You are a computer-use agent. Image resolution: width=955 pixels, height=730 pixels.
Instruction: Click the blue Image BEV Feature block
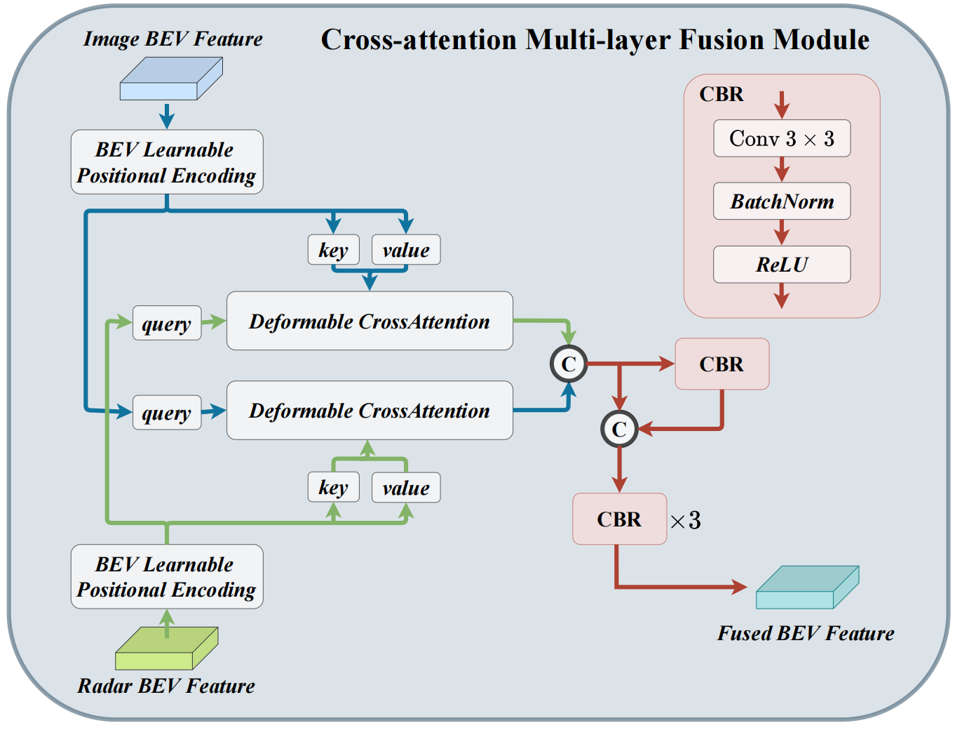coord(170,79)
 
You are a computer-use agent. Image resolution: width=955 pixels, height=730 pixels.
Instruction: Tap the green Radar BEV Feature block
coord(166,649)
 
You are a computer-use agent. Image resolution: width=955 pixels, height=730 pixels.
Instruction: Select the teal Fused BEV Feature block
coord(807,588)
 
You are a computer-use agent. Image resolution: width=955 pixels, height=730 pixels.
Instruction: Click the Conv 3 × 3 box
coord(781,138)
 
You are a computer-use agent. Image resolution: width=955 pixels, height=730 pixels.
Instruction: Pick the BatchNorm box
coord(781,201)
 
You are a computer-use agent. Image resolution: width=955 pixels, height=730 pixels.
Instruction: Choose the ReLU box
coord(781,265)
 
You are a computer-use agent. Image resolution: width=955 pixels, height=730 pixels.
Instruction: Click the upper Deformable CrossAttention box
coord(370,321)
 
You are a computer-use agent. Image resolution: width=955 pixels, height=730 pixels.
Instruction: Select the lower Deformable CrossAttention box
coord(370,411)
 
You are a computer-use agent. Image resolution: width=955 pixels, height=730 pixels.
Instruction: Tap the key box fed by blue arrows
coord(333,250)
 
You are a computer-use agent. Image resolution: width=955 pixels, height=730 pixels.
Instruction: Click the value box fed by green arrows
coord(406,488)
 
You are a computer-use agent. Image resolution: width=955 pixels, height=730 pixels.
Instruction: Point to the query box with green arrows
coord(167,323)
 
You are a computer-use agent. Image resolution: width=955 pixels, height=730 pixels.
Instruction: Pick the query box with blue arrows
coord(167,412)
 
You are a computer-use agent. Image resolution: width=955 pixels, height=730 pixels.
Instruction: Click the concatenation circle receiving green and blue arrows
coord(568,364)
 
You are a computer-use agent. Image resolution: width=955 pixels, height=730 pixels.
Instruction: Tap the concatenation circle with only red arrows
coord(618,429)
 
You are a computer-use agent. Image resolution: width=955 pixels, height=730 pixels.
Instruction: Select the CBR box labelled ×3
coord(619,519)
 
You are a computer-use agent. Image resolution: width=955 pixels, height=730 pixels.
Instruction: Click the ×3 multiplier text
coord(685,520)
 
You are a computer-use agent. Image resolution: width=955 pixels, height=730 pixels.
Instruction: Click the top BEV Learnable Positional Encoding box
coord(167,162)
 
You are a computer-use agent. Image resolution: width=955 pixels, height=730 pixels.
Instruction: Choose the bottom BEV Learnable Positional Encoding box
coord(167,576)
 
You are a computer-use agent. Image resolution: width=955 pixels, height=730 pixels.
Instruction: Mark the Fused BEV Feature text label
coord(806,633)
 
